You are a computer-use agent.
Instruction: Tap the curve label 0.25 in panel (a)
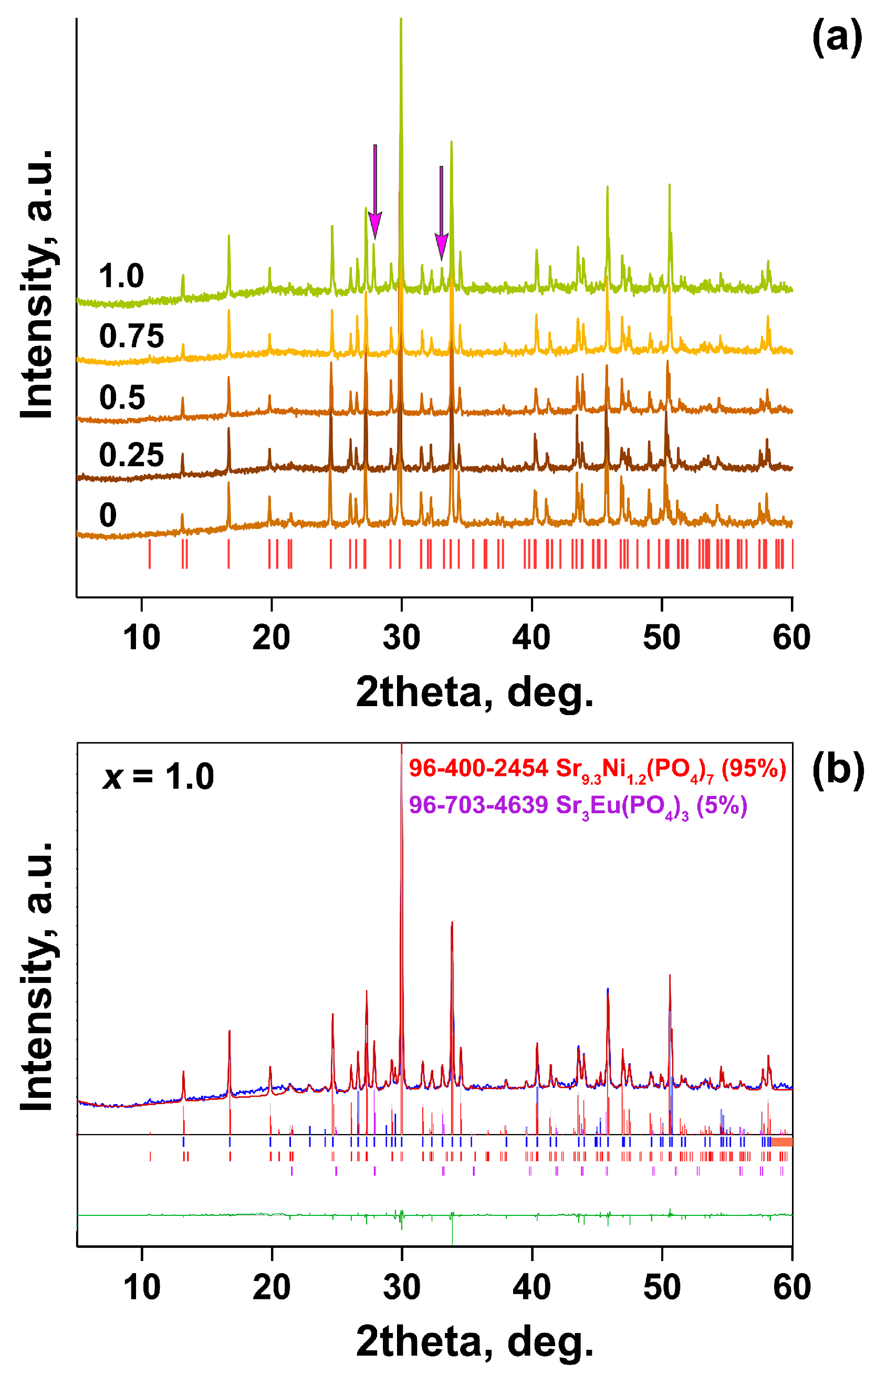pyautogui.click(x=131, y=455)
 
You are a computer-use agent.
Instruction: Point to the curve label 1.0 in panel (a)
pyautogui.click(x=121, y=276)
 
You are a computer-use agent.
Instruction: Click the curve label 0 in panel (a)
pyautogui.click(x=108, y=515)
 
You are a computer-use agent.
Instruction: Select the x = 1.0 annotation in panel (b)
pyautogui.click(x=158, y=776)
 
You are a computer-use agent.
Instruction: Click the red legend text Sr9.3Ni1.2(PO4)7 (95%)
pyautogui.click(x=597, y=769)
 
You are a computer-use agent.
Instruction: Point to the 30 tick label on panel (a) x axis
pyautogui.click(x=401, y=637)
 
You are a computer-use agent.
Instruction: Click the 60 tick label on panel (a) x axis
pyautogui.click(x=791, y=637)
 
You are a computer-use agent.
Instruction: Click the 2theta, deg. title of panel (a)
pyautogui.click(x=475, y=692)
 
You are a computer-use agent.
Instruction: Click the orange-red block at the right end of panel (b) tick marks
pyautogui.click(x=781, y=1142)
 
